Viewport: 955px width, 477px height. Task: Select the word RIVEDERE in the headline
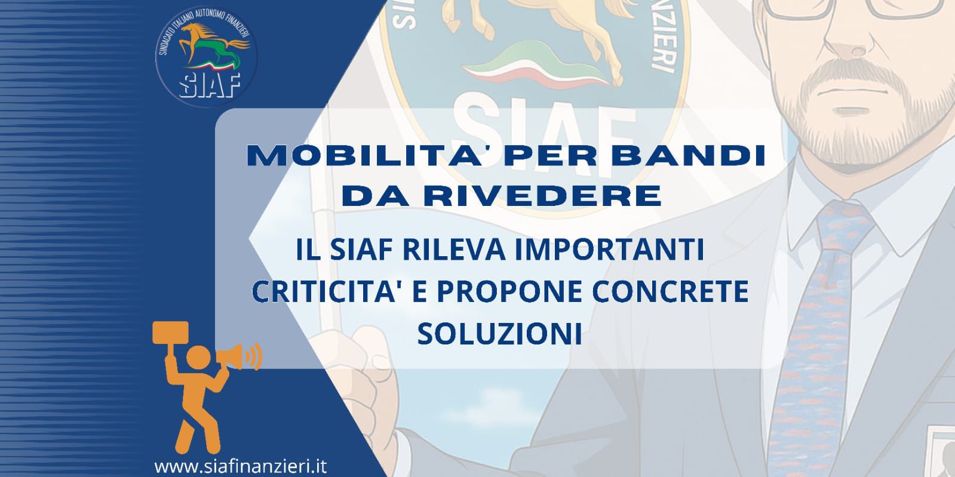tap(542, 196)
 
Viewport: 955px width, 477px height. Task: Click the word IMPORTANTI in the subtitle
tap(609, 250)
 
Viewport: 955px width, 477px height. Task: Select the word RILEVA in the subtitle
tap(454, 250)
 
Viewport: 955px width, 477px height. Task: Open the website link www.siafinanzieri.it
tap(241, 466)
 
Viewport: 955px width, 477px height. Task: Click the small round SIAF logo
tap(206, 57)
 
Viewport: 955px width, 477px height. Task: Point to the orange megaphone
tap(239, 356)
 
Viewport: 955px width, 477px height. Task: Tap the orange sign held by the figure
tap(171, 333)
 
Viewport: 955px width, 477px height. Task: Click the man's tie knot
tap(842, 224)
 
